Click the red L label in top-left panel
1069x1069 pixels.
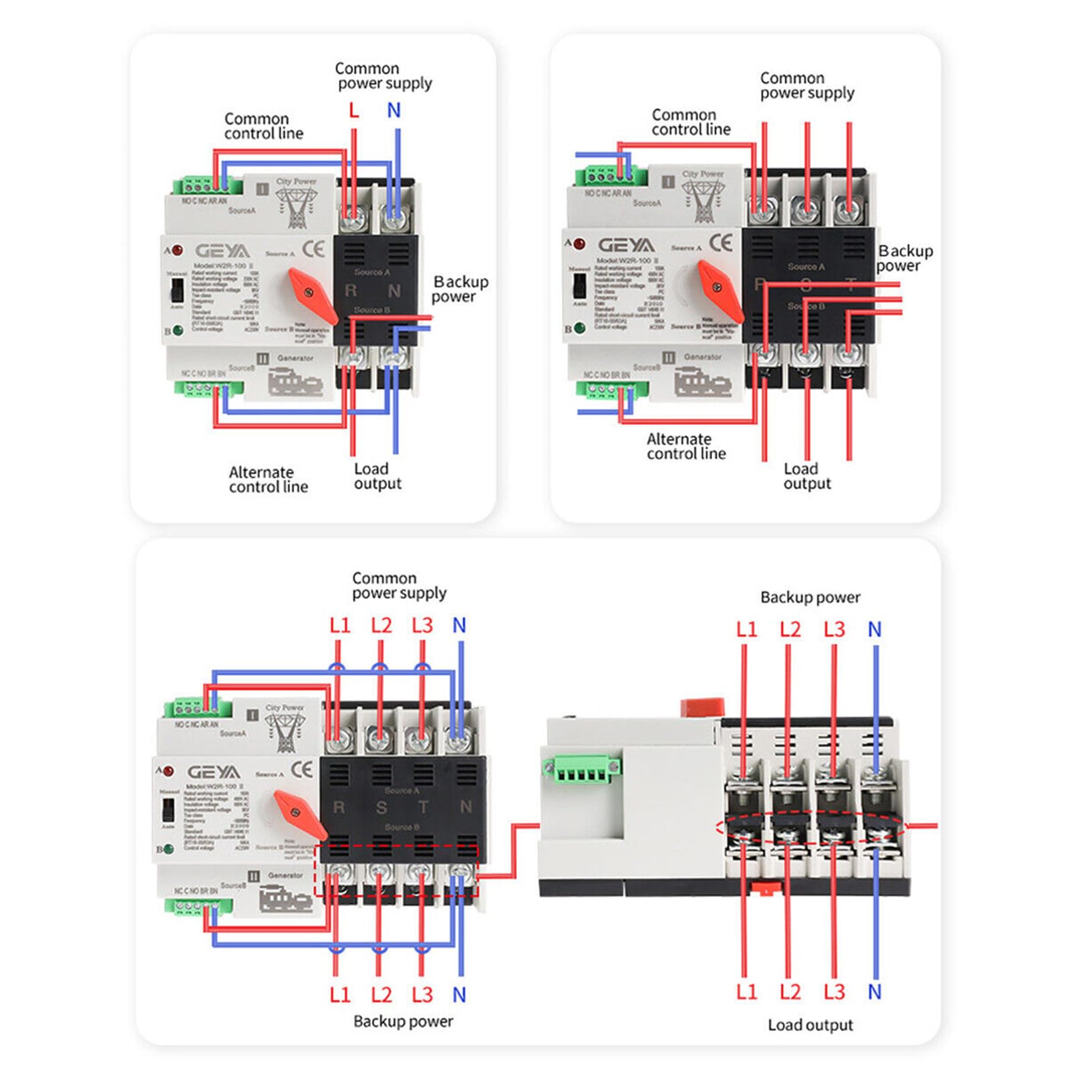(353, 110)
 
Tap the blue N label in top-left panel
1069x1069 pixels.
(394, 110)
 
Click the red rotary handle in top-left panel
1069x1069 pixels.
(312, 294)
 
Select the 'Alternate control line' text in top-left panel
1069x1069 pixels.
(268, 479)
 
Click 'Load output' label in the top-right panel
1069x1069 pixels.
(806, 476)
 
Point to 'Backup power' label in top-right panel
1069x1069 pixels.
(904, 258)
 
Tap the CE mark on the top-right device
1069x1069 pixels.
(721, 243)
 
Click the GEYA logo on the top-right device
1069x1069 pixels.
(626, 245)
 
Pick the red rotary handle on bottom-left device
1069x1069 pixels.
(300, 814)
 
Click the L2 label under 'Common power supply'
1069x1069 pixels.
(381, 625)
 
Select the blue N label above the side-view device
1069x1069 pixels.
(874, 629)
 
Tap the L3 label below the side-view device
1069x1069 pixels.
(833, 992)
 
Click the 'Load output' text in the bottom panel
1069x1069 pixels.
(810, 1025)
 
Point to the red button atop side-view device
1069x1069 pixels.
(702, 706)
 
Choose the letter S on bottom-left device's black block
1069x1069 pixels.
(381, 808)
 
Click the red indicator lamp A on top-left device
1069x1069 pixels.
(177, 251)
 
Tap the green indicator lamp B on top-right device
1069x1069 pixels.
(579, 328)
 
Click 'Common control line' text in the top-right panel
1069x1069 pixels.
(690, 122)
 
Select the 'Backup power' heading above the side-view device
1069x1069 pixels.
(810, 597)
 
